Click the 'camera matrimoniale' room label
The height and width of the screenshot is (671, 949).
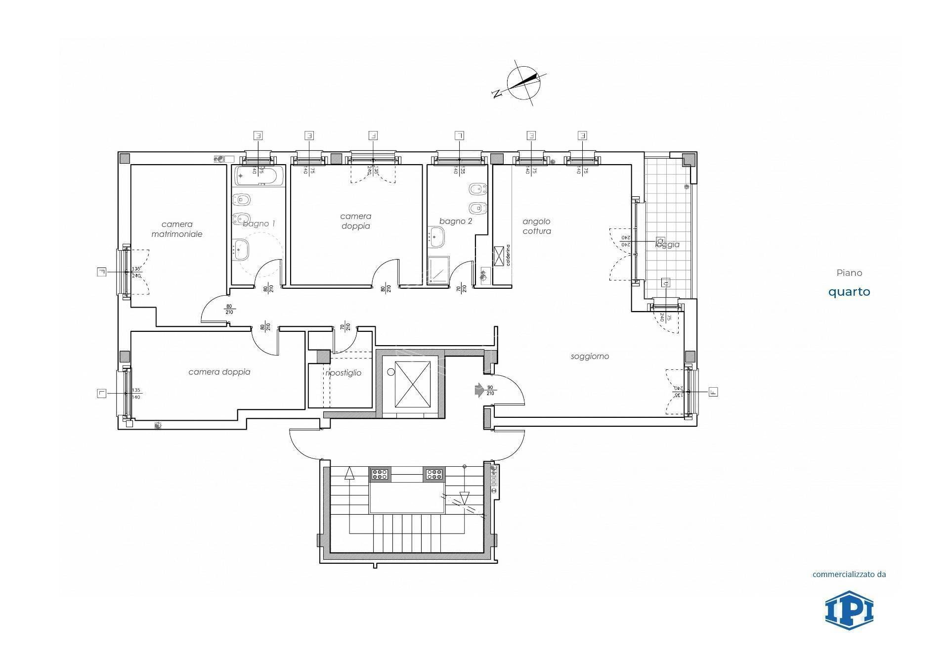pyautogui.click(x=176, y=229)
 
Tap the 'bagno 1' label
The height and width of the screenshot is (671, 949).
pyautogui.click(x=259, y=224)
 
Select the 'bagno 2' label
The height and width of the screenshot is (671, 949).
pyautogui.click(x=456, y=221)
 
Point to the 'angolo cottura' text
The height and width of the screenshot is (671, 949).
pyautogui.click(x=536, y=226)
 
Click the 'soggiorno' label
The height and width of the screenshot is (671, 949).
pyautogui.click(x=590, y=356)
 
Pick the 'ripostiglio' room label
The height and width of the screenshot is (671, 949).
pyautogui.click(x=344, y=373)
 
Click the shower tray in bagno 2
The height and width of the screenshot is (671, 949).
pyautogui.click(x=438, y=270)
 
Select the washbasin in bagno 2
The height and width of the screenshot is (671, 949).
pyautogui.click(x=437, y=236)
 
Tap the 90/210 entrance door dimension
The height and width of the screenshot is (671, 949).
pyautogui.click(x=490, y=390)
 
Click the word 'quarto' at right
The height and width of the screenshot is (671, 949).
pyautogui.click(x=849, y=292)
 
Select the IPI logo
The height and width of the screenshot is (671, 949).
pyautogui.click(x=849, y=610)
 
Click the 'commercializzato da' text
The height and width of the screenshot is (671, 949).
pyautogui.click(x=849, y=574)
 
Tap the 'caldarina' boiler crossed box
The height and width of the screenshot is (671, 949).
pyautogui.click(x=499, y=255)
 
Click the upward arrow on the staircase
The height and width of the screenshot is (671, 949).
pyautogui.click(x=349, y=473)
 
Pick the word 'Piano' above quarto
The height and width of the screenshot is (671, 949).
pyautogui.click(x=849, y=272)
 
